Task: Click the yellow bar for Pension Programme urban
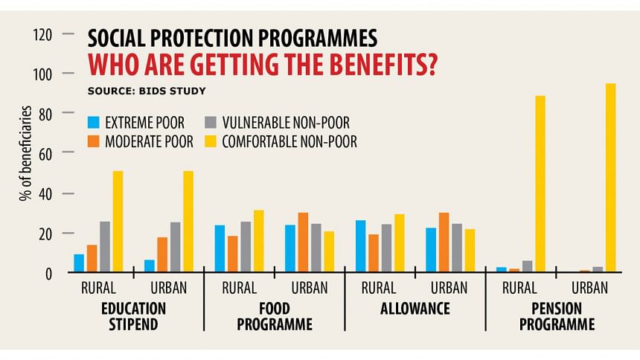610,179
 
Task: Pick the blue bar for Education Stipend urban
150,266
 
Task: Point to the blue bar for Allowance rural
361,246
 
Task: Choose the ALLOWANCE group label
415,308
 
